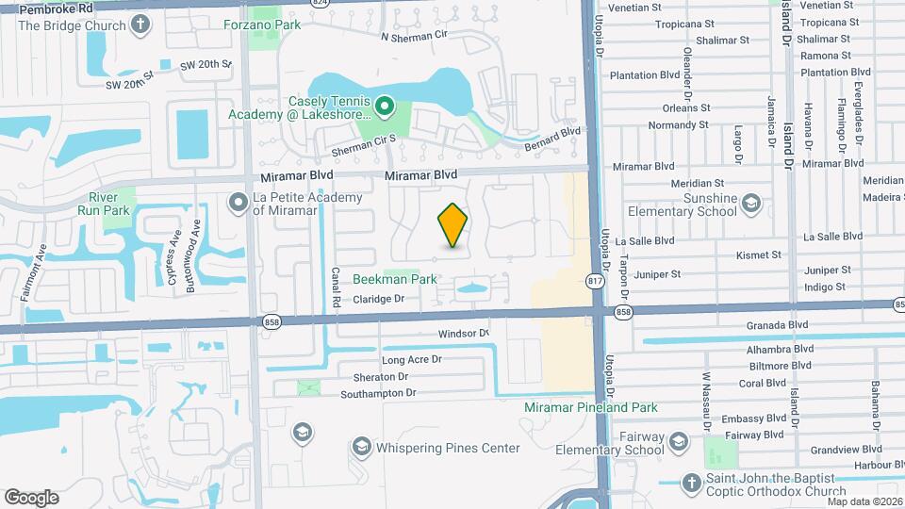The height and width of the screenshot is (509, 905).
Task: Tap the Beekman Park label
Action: click(395, 279)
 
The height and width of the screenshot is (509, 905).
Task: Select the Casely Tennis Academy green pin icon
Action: click(385, 107)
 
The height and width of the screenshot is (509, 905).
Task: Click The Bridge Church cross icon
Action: click(142, 25)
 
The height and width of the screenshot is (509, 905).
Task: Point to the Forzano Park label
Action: click(262, 25)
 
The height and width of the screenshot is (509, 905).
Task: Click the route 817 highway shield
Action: click(595, 281)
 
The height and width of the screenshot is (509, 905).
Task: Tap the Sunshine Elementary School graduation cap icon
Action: click(751, 203)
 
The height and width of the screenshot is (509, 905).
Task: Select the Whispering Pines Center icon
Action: click(361, 446)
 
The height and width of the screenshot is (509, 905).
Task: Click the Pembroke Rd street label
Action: click(56, 8)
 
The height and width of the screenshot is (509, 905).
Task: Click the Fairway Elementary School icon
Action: click(678, 442)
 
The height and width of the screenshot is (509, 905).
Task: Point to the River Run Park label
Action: click(110, 204)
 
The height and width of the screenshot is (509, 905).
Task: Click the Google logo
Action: click(31, 497)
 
